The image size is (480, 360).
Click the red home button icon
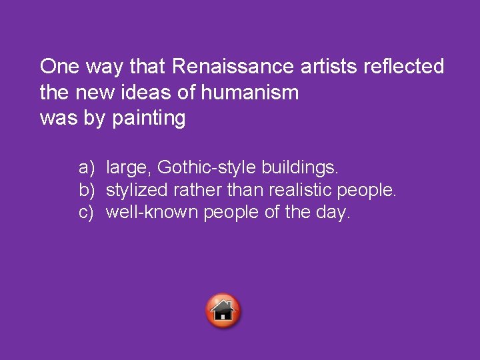pos(224,311)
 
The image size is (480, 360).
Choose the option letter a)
pos(87,165)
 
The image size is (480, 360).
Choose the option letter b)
pos(87,189)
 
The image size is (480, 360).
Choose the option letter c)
pos(87,213)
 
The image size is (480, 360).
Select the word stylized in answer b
pos(136,189)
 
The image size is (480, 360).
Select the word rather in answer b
pos(193,189)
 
